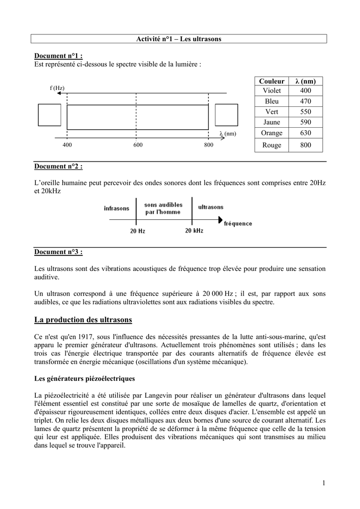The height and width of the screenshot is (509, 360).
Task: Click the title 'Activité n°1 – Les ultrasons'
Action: click(180, 39)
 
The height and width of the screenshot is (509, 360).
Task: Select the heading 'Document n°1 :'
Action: click(58, 56)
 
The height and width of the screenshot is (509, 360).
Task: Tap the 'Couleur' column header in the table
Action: click(271, 81)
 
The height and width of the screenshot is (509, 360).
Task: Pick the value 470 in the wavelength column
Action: click(305, 101)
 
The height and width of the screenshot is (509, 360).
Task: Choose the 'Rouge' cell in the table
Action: click(271, 145)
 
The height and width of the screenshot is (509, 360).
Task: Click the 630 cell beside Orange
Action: click(305, 133)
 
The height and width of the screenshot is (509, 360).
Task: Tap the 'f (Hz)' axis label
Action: click(57, 88)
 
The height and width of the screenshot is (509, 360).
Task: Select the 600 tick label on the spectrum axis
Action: click(138, 145)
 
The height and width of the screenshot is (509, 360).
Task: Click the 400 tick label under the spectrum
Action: click(67, 145)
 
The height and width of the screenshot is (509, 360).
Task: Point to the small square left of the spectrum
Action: click(49, 115)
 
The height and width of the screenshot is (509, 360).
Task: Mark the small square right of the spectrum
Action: click(226, 115)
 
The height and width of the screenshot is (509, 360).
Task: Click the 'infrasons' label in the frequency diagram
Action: click(116, 208)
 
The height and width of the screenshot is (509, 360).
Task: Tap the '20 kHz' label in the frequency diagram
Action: click(194, 231)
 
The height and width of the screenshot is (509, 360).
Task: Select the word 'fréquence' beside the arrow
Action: click(238, 224)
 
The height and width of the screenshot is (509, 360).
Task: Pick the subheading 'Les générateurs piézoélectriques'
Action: click(85, 379)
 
